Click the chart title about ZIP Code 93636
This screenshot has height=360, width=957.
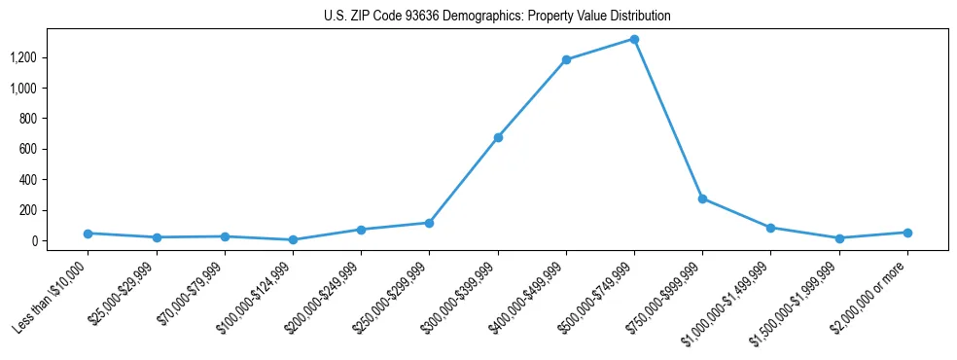click(497, 17)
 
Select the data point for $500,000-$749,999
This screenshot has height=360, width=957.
click(634, 40)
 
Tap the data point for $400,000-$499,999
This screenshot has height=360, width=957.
click(566, 60)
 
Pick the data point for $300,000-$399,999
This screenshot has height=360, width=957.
click(498, 138)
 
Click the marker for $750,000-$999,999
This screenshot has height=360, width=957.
click(702, 198)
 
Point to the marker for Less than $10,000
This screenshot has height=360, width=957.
click(89, 234)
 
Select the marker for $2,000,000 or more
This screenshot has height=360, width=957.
click(907, 233)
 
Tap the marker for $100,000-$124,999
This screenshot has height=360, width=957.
click(293, 239)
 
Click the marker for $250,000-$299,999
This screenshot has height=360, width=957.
click(429, 223)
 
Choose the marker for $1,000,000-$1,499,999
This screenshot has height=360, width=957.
click(770, 228)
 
